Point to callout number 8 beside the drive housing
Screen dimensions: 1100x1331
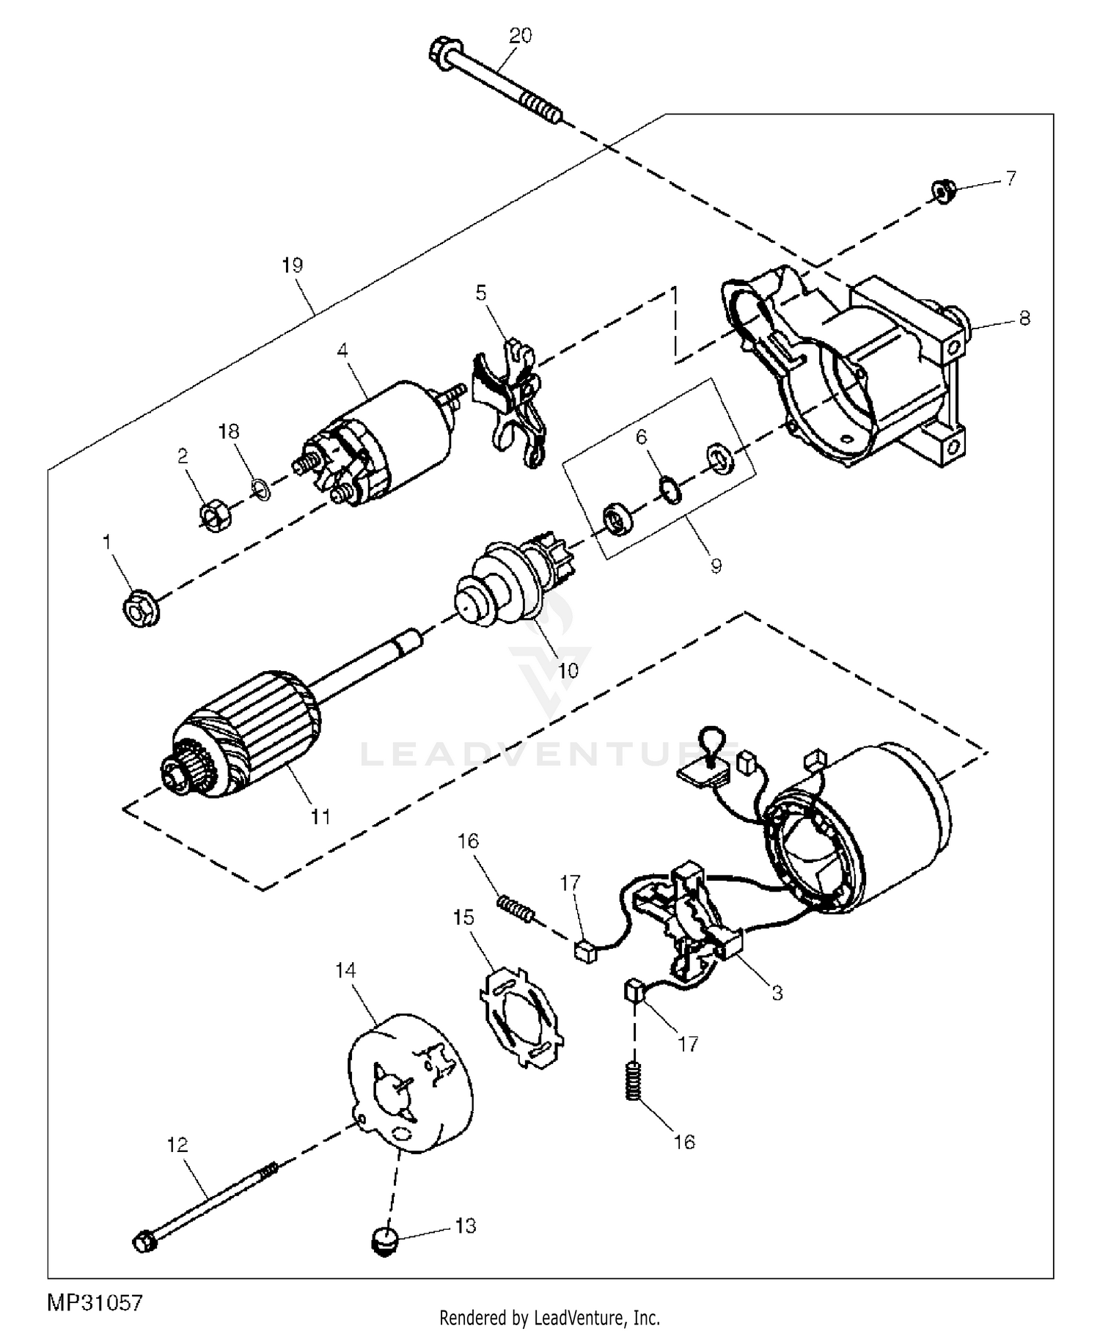pyautogui.click(x=1024, y=318)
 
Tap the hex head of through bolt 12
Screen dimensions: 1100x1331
pyautogui.click(x=145, y=1242)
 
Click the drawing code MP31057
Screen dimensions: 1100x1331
pyautogui.click(x=95, y=1302)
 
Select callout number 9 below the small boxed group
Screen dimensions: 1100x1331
pyautogui.click(x=716, y=565)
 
